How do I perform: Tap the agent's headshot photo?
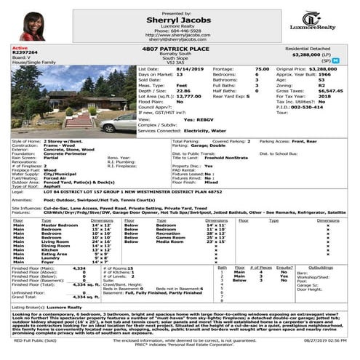click(x=33, y=25)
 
